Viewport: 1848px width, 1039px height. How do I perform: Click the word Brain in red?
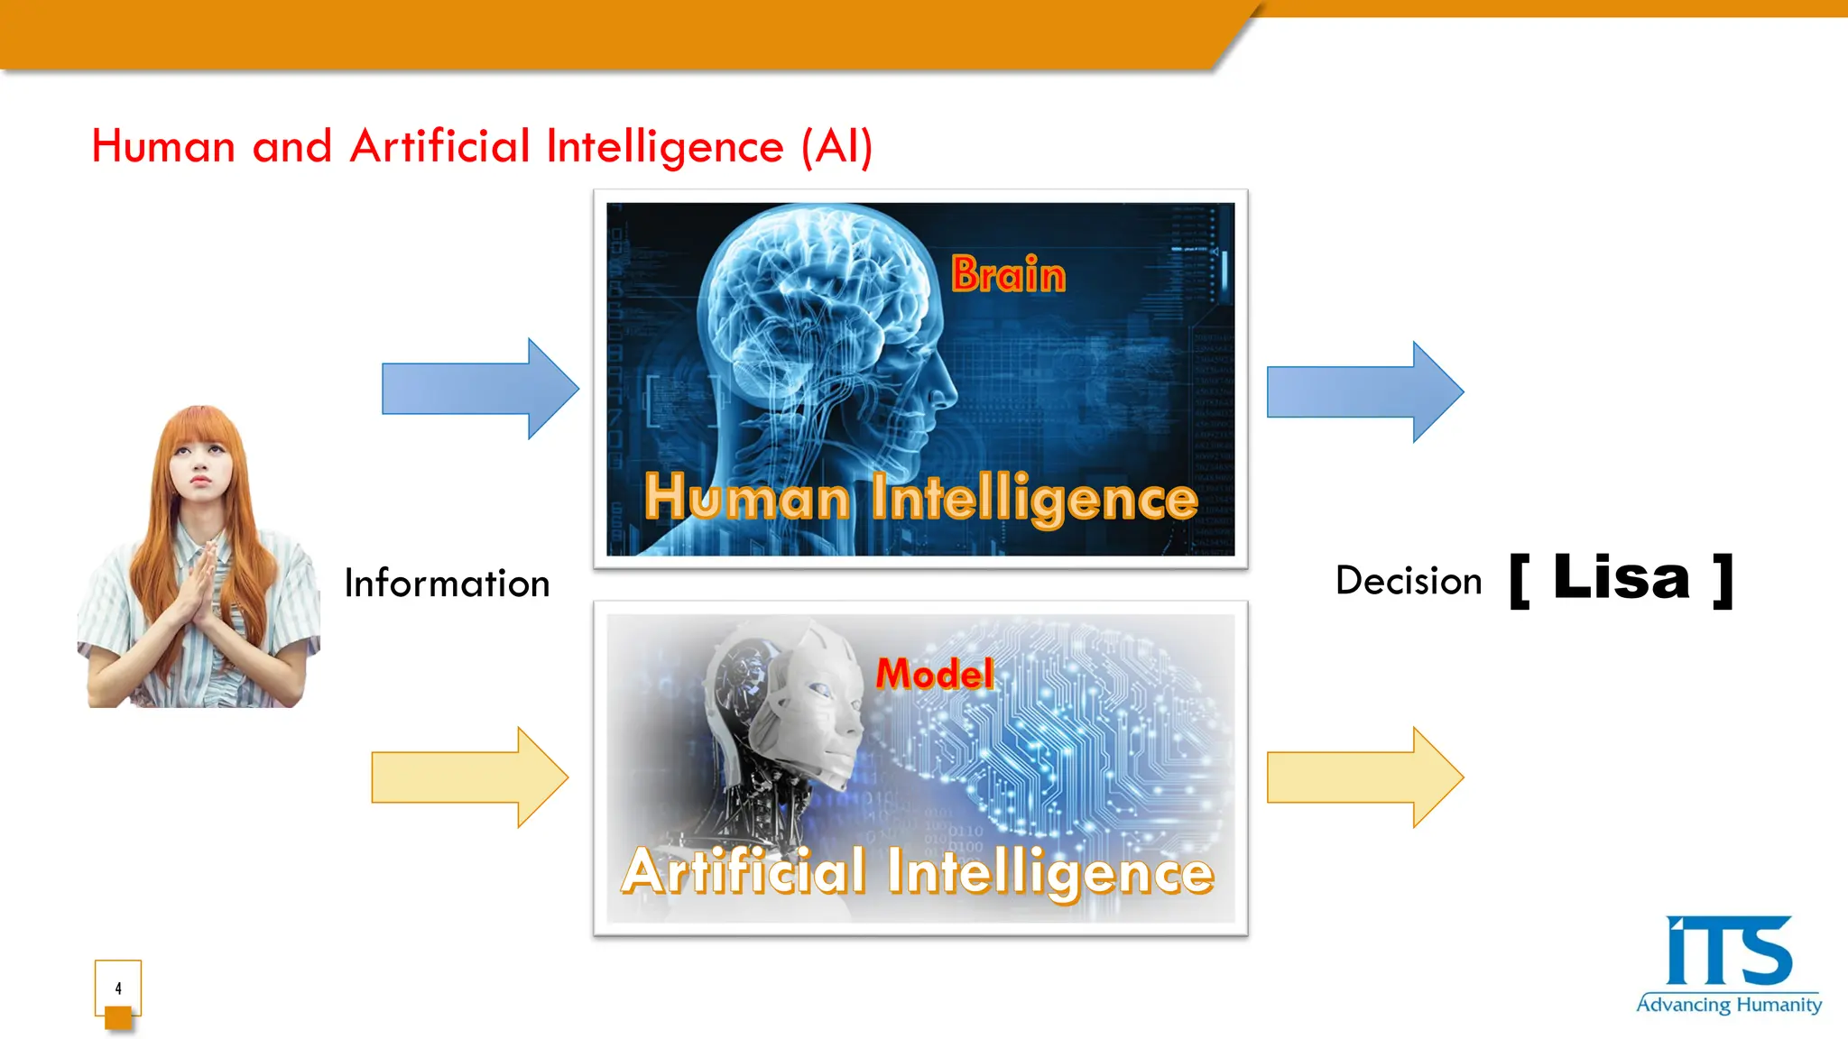click(x=1008, y=274)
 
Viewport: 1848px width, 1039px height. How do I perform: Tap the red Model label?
click(x=935, y=674)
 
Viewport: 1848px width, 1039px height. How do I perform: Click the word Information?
click(x=447, y=584)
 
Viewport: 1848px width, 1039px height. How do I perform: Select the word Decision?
click(x=1409, y=581)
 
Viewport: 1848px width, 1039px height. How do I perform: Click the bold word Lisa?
click(x=1621, y=578)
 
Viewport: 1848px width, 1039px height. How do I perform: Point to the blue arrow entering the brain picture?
click(x=479, y=389)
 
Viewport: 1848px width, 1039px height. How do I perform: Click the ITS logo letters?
click(x=1728, y=952)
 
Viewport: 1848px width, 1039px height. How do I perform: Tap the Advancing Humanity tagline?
click(x=1728, y=1005)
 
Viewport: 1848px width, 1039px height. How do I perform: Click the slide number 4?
click(x=118, y=988)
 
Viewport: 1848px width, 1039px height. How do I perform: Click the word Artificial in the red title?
click(x=439, y=146)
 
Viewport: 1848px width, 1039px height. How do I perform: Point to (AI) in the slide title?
click(x=837, y=146)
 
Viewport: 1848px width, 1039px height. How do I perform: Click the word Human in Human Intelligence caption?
click(x=746, y=498)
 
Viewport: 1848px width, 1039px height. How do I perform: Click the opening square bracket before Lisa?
click(x=1520, y=581)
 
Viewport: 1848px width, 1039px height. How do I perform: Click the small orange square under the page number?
click(x=118, y=1018)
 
